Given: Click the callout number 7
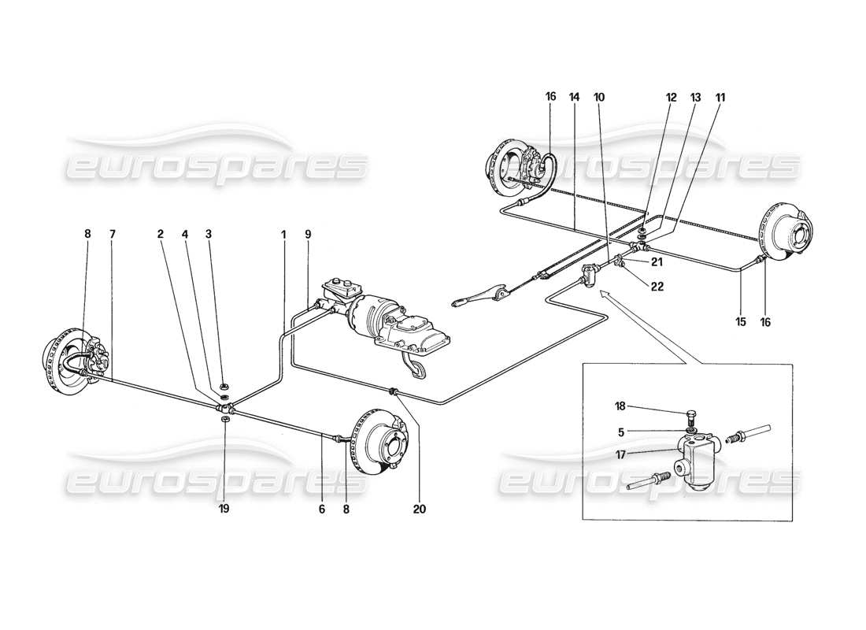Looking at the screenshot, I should click(113, 234).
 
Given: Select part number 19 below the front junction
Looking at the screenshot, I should click(224, 510).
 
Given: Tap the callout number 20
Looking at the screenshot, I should click(419, 510).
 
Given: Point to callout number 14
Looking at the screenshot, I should click(574, 98).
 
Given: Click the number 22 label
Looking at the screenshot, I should click(657, 287).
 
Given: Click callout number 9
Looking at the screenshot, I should click(308, 234).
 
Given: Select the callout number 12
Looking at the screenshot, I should click(671, 98).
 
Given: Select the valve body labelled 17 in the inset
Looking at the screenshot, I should click(697, 464).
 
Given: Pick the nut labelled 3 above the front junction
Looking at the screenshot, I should click(224, 386).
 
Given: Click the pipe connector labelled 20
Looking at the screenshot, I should click(392, 390).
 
